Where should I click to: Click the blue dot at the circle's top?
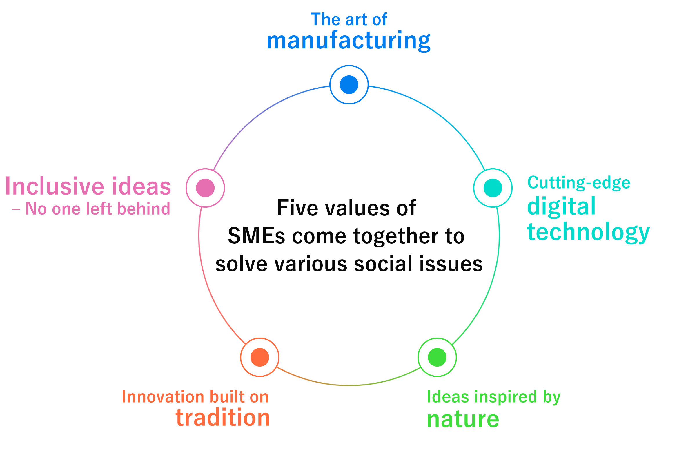pos(349,85)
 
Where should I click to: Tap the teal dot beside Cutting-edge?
pos(493,188)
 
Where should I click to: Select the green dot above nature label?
pos(437,357)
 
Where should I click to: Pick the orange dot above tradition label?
pos(260,357)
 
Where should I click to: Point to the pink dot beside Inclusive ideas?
pos(205,188)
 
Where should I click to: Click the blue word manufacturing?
pos(348,41)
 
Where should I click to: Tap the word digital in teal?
pos(561,206)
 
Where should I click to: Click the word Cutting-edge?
pos(579,183)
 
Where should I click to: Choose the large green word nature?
pos(463,419)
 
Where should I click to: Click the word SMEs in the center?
pos(256,236)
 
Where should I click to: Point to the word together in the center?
pos(395,236)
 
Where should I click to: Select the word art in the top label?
pos(356,20)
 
